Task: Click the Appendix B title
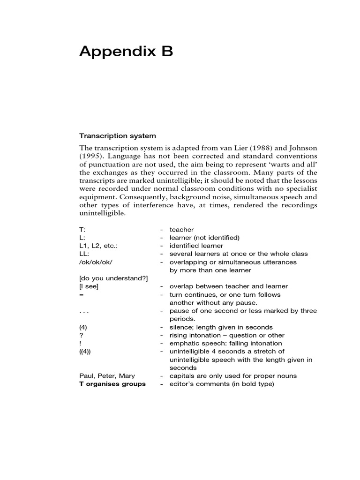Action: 126,52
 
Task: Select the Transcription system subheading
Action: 117,136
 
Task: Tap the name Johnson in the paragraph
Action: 299,148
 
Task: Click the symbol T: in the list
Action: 82,230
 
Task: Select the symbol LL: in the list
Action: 84,254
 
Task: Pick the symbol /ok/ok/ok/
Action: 96,262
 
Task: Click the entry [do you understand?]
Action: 113,278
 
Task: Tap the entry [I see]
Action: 89,286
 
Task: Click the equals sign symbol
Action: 82,295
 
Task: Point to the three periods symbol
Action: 84,311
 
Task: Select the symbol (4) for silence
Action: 83,327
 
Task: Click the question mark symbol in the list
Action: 81,335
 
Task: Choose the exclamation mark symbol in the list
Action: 81,344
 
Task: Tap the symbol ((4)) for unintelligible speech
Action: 86,352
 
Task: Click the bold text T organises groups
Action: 112,384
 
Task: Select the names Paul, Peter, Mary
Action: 106,376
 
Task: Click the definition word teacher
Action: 181,230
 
